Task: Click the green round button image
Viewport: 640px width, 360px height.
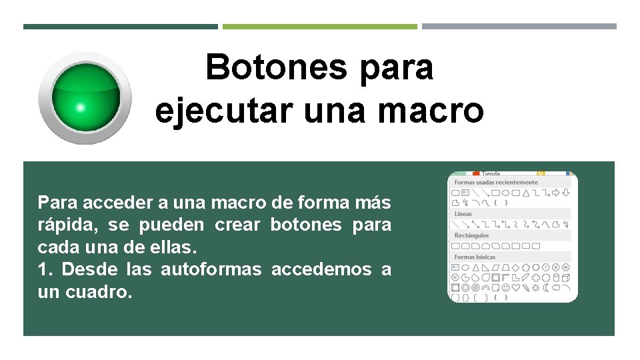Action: (x=85, y=97)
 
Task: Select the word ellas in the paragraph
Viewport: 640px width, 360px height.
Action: (x=177, y=247)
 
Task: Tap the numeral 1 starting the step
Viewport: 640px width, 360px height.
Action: (x=43, y=269)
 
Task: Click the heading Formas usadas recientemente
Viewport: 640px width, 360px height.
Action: (x=496, y=182)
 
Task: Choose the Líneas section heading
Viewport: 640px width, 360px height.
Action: (x=463, y=214)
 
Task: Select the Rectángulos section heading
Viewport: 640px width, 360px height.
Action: (x=472, y=235)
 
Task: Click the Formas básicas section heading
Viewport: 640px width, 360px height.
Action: (x=475, y=257)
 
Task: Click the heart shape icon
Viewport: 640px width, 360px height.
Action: (x=517, y=287)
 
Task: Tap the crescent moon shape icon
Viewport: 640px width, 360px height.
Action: (x=545, y=287)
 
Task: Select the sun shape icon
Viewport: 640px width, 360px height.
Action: (x=536, y=287)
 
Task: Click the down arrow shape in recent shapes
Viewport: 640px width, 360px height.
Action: (x=565, y=193)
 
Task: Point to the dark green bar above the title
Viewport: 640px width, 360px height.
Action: (x=120, y=27)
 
